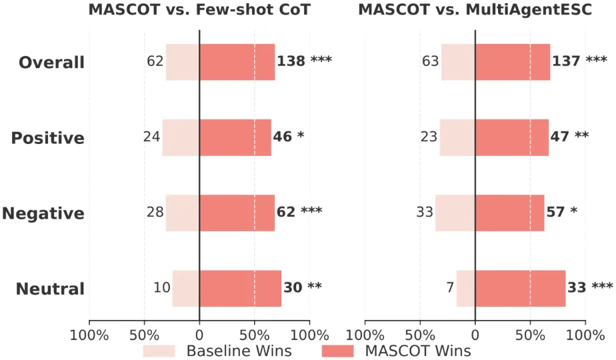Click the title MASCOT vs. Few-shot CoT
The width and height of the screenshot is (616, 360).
[x=199, y=9]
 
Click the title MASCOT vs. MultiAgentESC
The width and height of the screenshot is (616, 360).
[x=475, y=9]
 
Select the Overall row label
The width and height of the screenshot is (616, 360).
[x=51, y=62]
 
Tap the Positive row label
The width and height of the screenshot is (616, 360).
[x=47, y=138]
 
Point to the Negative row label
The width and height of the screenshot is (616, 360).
[x=43, y=213]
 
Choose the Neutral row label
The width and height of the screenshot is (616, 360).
[x=50, y=289]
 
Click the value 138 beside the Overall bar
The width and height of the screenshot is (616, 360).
[x=291, y=61]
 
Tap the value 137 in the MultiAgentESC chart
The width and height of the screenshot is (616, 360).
[x=566, y=61]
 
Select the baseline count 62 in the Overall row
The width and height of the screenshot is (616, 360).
[x=155, y=61]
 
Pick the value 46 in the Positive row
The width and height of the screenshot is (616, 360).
[x=283, y=137]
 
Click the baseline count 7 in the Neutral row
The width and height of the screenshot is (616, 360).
[x=450, y=287]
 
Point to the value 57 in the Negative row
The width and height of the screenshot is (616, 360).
[x=555, y=212]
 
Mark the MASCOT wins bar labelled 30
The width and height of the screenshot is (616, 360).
[x=241, y=289]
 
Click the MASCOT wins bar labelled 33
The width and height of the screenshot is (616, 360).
[x=521, y=289]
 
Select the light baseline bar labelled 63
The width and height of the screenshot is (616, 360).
[x=459, y=62]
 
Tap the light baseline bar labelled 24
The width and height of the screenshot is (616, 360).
[x=181, y=137]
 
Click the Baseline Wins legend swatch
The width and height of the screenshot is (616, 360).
[x=159, y=351]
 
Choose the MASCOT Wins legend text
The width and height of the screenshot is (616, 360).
[x=418, y=351]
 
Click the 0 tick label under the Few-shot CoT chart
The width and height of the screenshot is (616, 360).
[x=199, y=335]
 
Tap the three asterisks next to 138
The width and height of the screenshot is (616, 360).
[x=321, y=60]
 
